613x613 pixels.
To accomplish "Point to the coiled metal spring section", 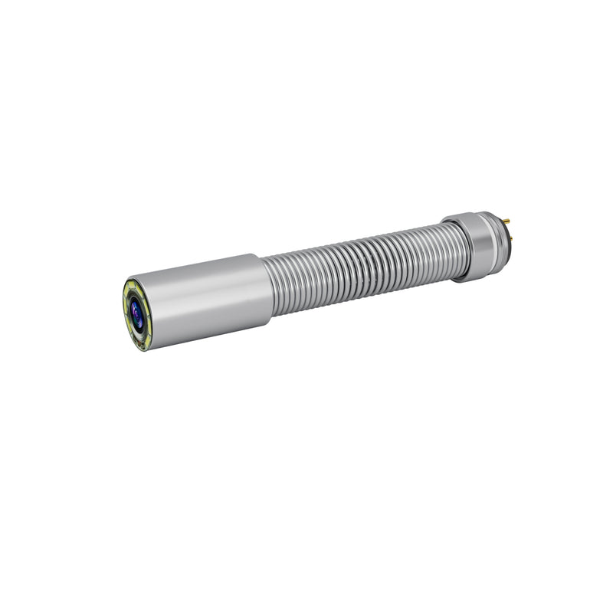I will pos(352,261).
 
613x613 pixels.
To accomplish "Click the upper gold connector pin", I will pos(506,221).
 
